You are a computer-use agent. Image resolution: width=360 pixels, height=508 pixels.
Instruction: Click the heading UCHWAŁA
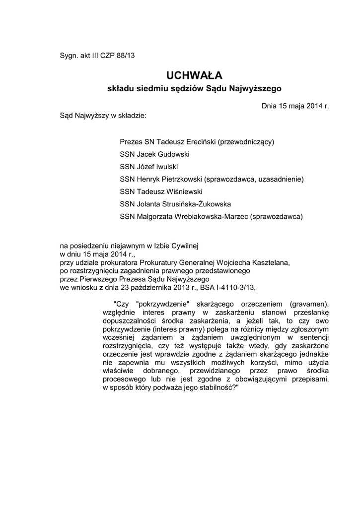pyautogui.click(x=194, y=75)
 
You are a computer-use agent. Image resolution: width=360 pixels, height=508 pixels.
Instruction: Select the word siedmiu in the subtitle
pyautogui.click(x=151, y=89)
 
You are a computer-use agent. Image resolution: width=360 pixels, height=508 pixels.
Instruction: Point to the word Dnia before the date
pyautogui.click(x=270, y=106)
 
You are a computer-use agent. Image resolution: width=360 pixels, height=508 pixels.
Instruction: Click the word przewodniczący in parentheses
pyautogui.click(x=246, y=142)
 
